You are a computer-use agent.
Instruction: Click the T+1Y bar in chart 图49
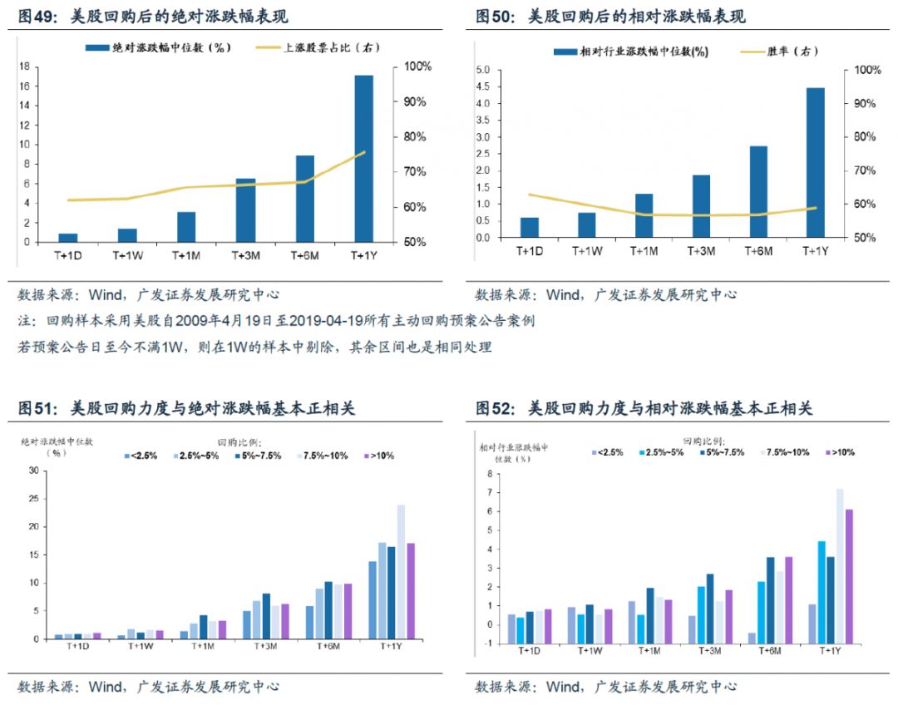tap(363, 158)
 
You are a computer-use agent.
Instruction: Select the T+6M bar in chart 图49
tap(304, 199)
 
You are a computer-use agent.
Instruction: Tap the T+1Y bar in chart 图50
tap(815, 162)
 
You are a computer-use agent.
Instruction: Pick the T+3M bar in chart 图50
tap(701, 206)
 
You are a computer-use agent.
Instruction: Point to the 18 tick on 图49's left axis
tap(25, 67)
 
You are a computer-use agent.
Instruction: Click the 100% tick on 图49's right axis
tap(415, 67)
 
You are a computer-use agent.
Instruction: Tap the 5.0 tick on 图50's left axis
tap(482, 70)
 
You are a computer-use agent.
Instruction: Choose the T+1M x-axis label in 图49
tap(186, 256)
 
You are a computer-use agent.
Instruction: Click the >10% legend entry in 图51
tap(382, 456)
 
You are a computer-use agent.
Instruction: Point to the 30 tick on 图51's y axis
tap(34, 471)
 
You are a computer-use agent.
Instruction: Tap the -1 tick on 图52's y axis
tap(488, 643)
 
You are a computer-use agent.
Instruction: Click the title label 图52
tap(496, 408)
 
